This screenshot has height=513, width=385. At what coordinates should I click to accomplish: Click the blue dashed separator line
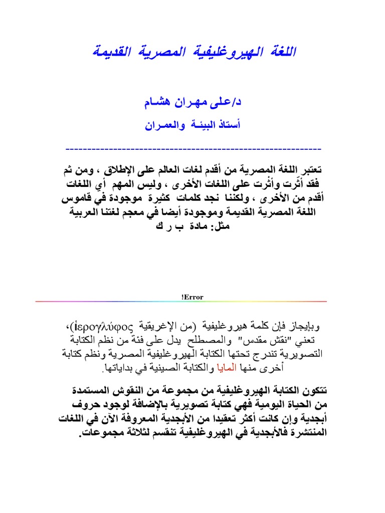(193, 149)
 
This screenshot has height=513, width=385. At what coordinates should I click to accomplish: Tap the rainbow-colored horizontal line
(181, 302)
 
